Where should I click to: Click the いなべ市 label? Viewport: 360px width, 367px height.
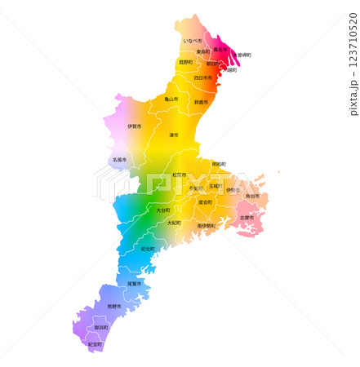(193, 40)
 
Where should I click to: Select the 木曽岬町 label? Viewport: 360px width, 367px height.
(241, 55)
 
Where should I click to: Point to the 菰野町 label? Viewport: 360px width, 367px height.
(186, 62)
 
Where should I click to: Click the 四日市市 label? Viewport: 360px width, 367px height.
(203, 78)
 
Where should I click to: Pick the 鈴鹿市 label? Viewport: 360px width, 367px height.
(200, 103)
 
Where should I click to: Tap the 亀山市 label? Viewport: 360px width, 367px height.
(171, 99)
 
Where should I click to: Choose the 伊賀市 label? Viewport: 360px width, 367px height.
(135, 126)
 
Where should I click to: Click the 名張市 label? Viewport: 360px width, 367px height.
(120, 160)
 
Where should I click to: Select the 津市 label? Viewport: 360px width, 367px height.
(174, 135)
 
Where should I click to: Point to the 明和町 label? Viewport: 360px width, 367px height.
(219, 164)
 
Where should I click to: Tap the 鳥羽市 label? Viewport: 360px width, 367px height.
(252, 197)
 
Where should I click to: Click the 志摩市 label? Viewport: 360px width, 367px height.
(247, 218)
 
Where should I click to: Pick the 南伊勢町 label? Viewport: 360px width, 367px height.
(206, 226)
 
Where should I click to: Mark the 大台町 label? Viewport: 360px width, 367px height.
(162, 210)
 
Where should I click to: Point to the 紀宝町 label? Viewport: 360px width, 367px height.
(96, 345)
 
